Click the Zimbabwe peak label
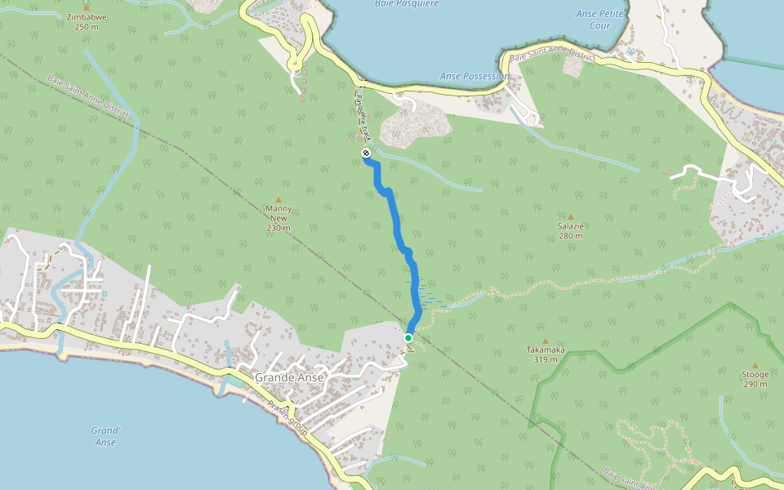click(86, 16)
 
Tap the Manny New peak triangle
click(278, 200)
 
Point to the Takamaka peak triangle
click(546, 341)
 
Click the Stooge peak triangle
click(755, 366)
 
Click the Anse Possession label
click(474, 76)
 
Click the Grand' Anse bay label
click(105, 436)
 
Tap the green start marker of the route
click(408, 337)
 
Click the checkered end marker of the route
click(365, 153)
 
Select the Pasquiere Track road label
click(363, 117)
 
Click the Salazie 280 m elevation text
click(570, 236)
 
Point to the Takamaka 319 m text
click(546, 359)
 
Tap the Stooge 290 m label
click(755, 384)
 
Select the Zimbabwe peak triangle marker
click(86, 7)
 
